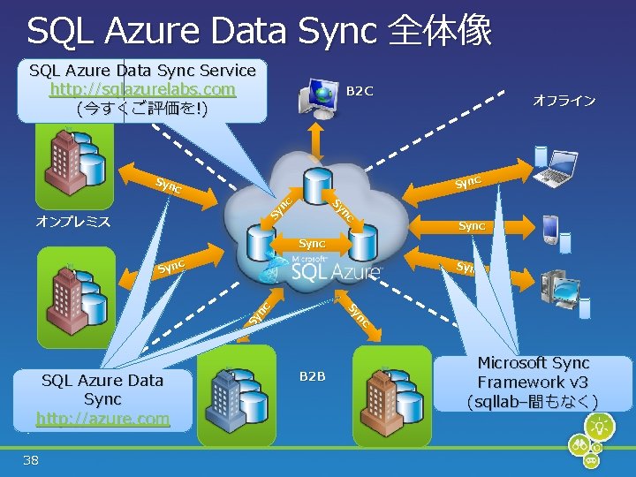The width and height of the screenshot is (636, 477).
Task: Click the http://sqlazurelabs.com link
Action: pos(142,89)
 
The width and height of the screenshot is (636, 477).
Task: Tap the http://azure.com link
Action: pos(102,418)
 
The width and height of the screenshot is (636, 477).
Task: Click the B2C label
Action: pos(360,90)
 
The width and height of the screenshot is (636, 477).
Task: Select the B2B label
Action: pos(311,377)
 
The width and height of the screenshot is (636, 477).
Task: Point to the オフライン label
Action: pos(564,101)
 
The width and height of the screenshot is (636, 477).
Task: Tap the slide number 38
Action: pos(32,459)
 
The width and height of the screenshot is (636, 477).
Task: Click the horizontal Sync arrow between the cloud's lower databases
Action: pos(312,243)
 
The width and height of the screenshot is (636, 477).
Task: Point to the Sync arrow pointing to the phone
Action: pos(471,226)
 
